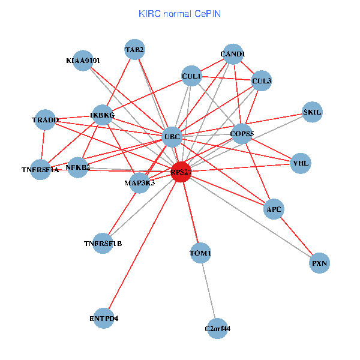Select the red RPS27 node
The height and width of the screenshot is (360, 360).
coord(181,172)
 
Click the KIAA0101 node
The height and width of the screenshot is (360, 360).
coord(84,60)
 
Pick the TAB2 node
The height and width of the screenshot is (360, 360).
coord(134,49)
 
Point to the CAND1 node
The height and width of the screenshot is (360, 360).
coord(232,55)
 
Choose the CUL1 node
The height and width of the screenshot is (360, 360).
coord(191,76)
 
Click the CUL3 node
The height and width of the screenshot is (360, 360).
coord(262,80)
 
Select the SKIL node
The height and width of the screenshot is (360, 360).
coord(312,112)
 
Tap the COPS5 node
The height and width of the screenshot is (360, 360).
coord(242,133)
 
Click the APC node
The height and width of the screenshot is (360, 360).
coord(274,209)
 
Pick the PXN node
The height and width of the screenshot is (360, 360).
coord(320,263)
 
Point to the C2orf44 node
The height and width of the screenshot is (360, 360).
coord(217,328)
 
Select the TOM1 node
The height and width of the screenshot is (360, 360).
coord(200,253)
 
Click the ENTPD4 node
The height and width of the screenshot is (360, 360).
coord(104,318)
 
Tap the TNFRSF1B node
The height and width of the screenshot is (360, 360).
coord(103,243)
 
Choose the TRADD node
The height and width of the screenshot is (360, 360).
coord(45,120)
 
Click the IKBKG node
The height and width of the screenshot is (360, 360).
coord(103,115)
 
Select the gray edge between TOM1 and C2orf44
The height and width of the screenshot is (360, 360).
coord(208,290)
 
